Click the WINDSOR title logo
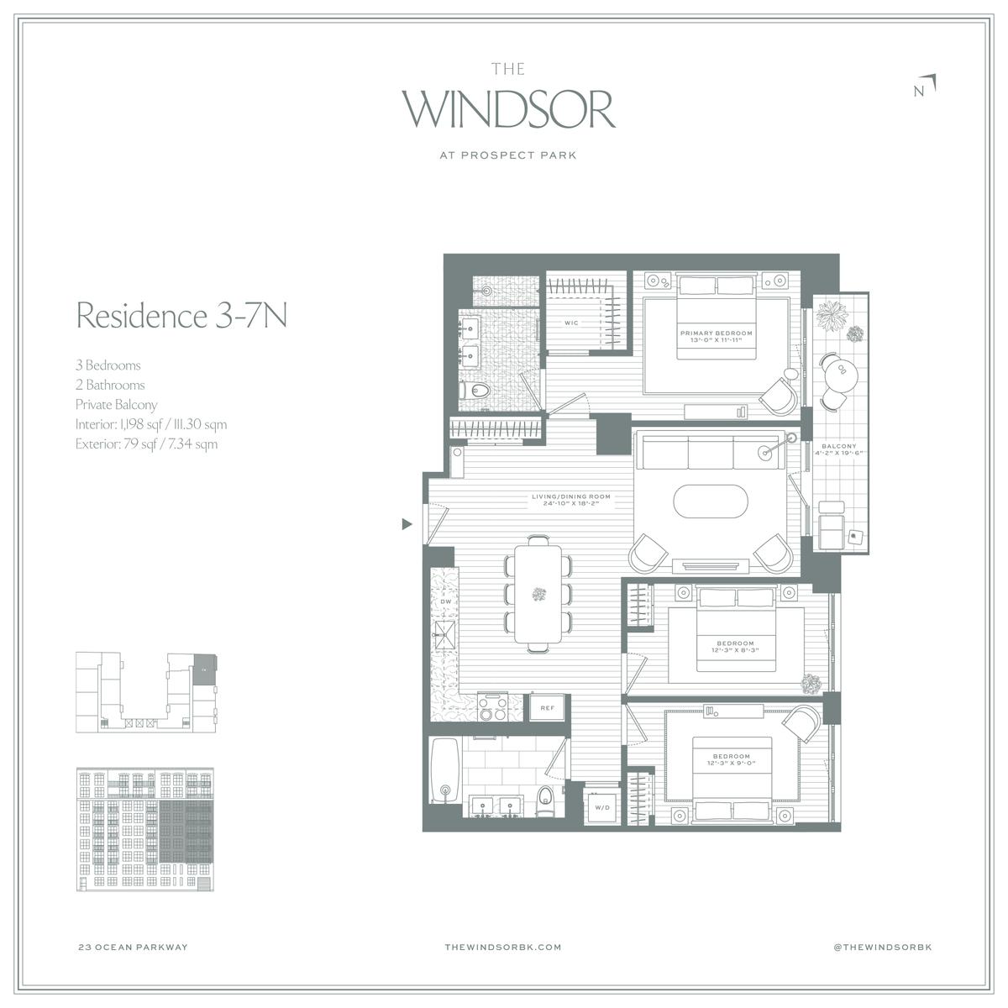pyautogui.click(x=508, y=109)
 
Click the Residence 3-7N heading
pyautogui.click(x=181, y=316)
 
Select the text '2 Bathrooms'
pyautogui.click(x=110, y=385)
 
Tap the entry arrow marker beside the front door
pyautogui.click(x=407, y=523)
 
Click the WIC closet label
pyautogui.click(x=571, y=323)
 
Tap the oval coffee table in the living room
pyautogui.click(x=711, y=501)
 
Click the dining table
pyautogui.click(x=538, y=594)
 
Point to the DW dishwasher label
pyautogui.click(x=446, y=601)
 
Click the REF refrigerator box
pyautogui.click(x=547, y=708)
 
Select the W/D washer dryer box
pyautogui.click(x=602, y=807)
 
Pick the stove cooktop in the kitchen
pyautogui.click(x=493, y=706)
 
